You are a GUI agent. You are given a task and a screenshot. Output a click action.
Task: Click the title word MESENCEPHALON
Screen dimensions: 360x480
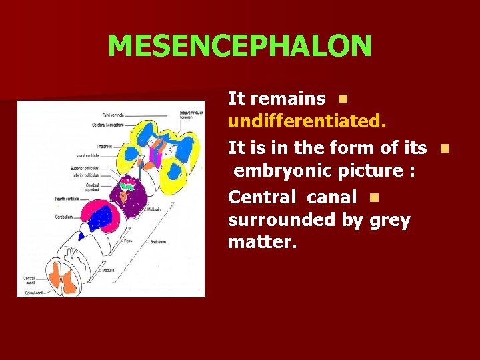click(x=239, y=46)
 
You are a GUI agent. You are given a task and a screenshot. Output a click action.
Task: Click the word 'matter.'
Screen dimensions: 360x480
click(x=261, y=243)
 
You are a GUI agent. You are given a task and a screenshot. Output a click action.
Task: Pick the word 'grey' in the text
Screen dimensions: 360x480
click(x=389, y=221)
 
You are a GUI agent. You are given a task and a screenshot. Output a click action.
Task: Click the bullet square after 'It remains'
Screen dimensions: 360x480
click(x=341, y=99)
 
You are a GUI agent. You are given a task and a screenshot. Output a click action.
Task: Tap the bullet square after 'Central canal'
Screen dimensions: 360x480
click(x=373, y=197)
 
